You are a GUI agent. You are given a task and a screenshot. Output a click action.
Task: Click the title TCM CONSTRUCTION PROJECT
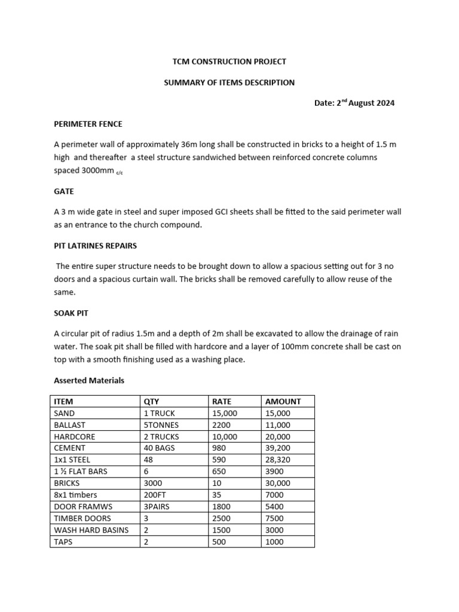pos(229,62)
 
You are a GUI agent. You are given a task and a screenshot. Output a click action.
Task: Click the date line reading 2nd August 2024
pos(354,103)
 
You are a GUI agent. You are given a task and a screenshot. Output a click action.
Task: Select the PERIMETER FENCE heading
pos(88,124)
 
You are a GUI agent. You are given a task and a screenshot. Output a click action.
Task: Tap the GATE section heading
pos(64,191)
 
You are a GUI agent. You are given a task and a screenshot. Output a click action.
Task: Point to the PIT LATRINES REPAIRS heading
pos(96,246)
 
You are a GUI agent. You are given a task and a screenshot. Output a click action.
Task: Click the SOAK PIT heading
pos(71,313)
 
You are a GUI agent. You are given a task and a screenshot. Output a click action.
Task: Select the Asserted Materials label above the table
pos(89,380)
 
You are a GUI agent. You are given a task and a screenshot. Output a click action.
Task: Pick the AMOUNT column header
pos(283,402)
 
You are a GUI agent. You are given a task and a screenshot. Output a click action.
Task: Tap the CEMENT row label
pos(70,448)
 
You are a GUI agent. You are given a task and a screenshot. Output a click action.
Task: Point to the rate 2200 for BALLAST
pos(222,425)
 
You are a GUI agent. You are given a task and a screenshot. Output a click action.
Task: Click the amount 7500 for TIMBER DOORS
pos(274,518)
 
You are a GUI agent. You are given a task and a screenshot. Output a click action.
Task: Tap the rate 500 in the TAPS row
pos(219,542)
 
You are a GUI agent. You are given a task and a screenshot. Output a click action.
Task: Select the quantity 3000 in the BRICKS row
pos(154,483)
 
